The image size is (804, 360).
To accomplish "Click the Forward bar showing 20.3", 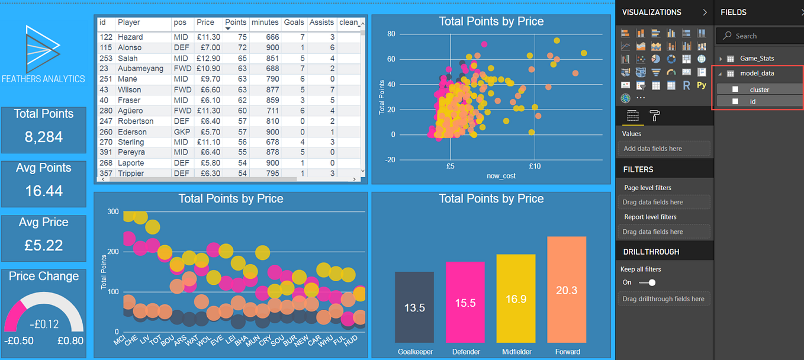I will (x=567, y=290).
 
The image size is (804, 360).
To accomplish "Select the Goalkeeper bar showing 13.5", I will (x=414, y=307).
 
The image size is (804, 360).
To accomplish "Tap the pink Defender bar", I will (x=465, y=302).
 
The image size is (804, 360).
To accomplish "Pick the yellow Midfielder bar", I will (x=516, y=298).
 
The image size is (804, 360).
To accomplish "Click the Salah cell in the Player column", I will (x=130, y=58).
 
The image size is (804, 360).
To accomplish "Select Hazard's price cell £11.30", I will (x=208, y=37).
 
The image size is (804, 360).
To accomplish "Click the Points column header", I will (x=235, y=22).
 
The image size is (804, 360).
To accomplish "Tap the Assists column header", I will (x=321, y=22).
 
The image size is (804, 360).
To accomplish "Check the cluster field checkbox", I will (x=735, y=89).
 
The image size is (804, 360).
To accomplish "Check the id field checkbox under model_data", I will (x=735, y=101).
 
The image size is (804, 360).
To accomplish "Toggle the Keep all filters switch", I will (x=648, y=282).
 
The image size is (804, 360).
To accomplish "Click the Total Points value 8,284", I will (x=43, y=137).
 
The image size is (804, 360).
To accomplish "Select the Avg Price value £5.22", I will (x=43, y=245).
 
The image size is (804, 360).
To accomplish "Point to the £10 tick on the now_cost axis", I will (x=535, y=166).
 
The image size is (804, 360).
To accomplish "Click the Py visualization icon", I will (x=702, y=85).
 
